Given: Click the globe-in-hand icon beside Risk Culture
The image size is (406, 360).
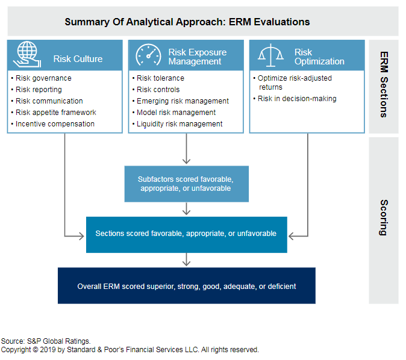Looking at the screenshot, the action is [27, 54].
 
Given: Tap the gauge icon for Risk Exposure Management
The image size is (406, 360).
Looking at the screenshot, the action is [148, 55].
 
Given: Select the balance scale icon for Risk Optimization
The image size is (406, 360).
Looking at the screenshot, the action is [270, 55].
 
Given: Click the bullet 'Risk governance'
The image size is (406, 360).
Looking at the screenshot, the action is [43, 78].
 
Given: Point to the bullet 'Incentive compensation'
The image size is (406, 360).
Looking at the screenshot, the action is [55, 124].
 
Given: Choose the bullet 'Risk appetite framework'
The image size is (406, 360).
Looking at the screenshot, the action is [55, 113].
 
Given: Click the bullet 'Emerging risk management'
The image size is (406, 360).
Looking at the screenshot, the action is [183, 101].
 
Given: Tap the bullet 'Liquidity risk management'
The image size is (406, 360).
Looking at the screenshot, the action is [180, 124].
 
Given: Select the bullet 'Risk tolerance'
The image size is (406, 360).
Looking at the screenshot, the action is [160, 78].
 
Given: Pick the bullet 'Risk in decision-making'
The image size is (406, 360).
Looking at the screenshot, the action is [297, 99].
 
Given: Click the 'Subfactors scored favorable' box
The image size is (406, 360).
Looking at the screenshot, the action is [186, 184].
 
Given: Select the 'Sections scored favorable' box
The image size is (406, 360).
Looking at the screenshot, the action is [186, 234].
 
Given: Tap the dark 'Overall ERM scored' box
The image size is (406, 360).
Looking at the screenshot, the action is [186, 285].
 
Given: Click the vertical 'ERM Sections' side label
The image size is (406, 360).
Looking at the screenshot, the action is [384, 85].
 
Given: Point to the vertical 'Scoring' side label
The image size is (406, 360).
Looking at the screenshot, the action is [384, 218].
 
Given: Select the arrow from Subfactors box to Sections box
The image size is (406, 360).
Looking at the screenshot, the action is [186, 209].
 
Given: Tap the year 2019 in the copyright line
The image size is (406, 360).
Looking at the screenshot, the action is [48, 350].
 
